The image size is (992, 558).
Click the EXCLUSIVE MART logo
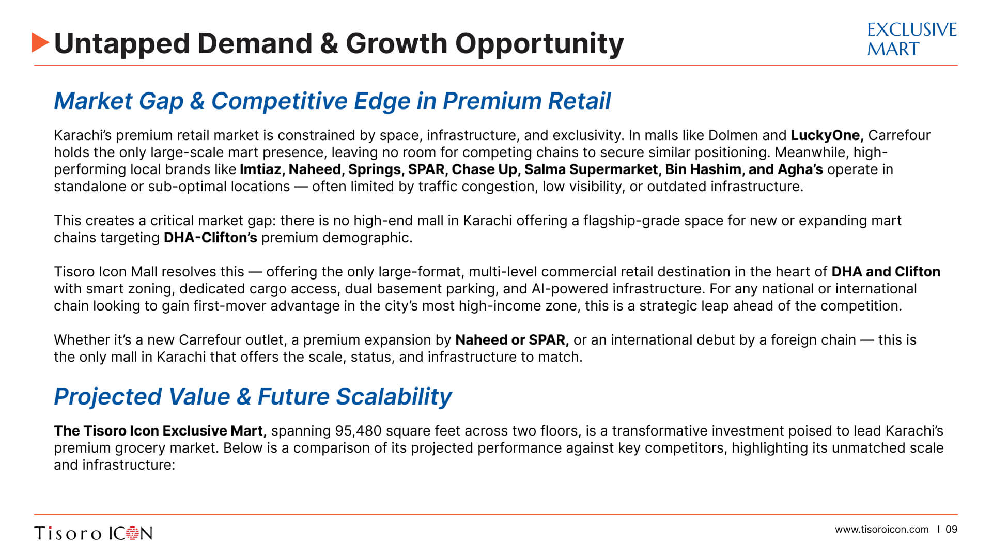click(912, 39)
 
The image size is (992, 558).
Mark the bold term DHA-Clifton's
click(210, 238)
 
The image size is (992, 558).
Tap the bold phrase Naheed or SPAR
click(512, 340)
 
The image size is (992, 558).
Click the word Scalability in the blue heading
click(394, 397)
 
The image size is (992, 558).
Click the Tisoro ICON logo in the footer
click(94, 533)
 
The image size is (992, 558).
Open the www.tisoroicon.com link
click(882, 530)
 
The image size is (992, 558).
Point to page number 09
click(952, 530)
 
